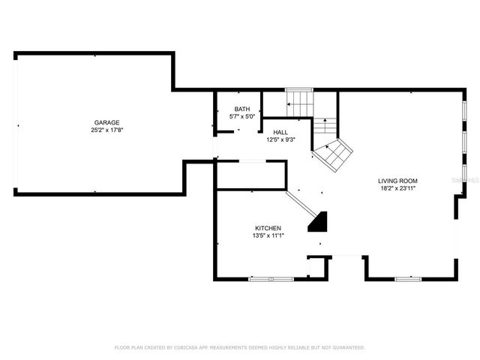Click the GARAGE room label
pyautogui.click(x=106, y=122)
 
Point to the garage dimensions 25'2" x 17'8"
pyautogui.click(x=106, y=130)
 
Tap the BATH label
pyautogui.click(x=241, y=109)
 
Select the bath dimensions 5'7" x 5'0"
pyautogui.click(x=241, y=117)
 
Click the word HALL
pyautogui.click(x=280, y=132)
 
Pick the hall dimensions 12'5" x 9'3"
pyautogui.click(x=280, y=139)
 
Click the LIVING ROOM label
pyautogui.click(x=397, y=181)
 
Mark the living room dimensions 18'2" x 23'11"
pyautogui.click(x=397, y=188)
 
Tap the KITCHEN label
pyautogui.click(x=267, y=228)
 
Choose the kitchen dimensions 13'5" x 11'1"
pyautogui.click(x=267, y=235)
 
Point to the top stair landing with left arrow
pyautogui.click(x=299, y=101)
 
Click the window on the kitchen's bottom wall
pyautogui.click(x=271, y=279)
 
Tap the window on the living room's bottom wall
pyautogui.click(x=408, y=279)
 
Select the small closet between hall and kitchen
pyautogui.click(x=250, y=174)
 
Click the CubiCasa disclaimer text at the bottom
pyautogui.click(x=239, y=347)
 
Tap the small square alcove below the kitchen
pyautogui.click(x=317, y=268)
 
